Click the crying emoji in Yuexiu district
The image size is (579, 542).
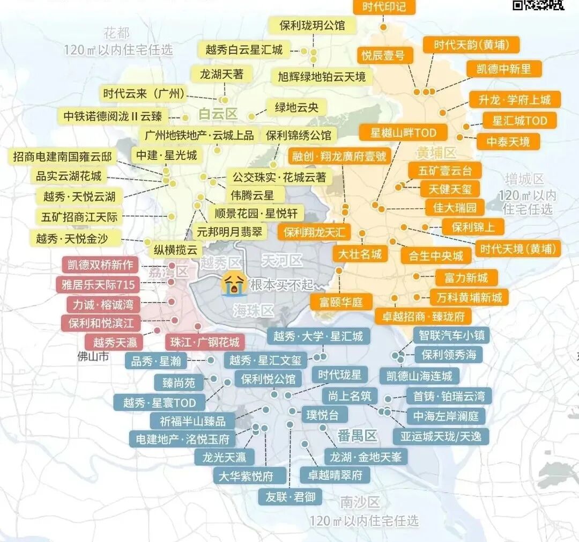click(x=235, y=282)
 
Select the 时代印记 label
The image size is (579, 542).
click(x=384, y=7)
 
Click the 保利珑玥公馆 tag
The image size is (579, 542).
click(x=312, y=25)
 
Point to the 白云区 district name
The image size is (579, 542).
click(x=217, y=114)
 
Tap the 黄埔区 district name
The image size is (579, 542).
click(x=436, y=153)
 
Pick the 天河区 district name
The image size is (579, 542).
click(x=281, y=261)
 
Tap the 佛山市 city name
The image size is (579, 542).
click(x=93, y=356)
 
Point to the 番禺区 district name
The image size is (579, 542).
click(x=358, y=435)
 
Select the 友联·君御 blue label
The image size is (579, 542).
click(x=290, y=497)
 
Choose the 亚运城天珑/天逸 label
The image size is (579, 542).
click(x=441, y=436)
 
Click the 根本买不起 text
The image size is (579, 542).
click(x=281, y=284)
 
